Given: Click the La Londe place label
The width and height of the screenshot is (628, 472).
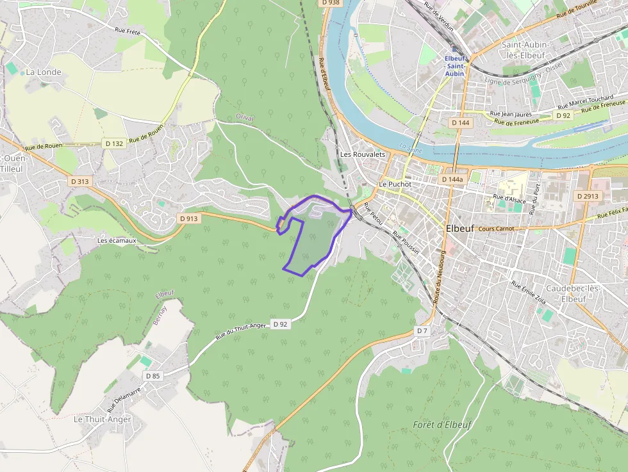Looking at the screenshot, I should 44,72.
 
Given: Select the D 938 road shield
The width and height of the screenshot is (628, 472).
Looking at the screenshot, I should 331,3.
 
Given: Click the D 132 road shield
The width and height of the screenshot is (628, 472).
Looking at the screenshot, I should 113,143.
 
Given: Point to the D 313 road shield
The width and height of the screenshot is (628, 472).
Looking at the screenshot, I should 79,181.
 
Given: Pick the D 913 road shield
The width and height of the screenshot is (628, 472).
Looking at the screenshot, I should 189,218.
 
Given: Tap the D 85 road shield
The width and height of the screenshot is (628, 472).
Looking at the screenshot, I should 153,376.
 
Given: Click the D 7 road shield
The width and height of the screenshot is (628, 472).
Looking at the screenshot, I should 421,330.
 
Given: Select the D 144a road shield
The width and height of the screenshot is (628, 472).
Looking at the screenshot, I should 452,180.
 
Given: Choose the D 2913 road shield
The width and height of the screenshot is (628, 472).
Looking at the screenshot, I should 587,196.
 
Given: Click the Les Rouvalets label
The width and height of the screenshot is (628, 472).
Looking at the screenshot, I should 362,154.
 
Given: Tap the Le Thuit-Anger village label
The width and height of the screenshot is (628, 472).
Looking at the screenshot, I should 103,419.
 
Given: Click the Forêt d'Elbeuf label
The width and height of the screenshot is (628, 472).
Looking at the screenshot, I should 442,424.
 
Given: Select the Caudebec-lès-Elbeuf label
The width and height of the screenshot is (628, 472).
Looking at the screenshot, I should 568,294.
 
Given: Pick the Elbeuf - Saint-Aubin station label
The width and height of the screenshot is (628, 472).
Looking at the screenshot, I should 456,66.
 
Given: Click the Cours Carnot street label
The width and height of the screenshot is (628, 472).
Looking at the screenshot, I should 496,229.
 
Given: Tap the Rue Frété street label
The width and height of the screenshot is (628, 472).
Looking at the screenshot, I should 128,30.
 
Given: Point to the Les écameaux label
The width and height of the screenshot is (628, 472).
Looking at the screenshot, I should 117,240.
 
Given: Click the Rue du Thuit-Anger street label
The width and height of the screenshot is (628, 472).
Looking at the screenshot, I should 240,332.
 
